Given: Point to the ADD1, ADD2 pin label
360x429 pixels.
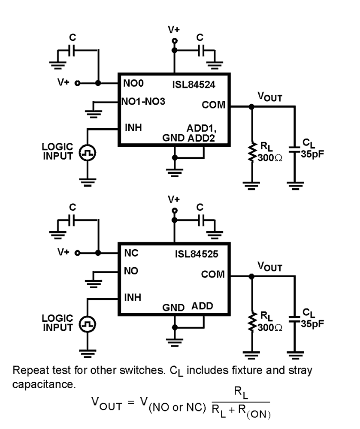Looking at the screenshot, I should click(200, 133).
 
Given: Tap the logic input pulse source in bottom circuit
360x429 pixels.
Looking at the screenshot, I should click(88, 323).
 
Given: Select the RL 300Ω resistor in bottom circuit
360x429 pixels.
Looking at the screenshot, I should click(252, 322).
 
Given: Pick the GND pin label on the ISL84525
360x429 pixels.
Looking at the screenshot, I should click(173, 307).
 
